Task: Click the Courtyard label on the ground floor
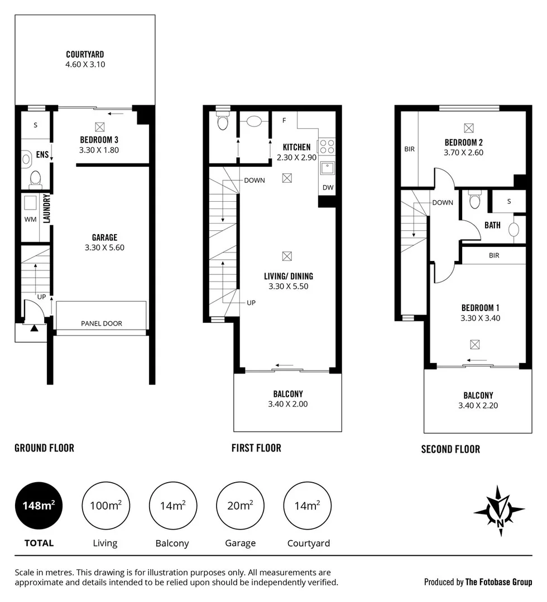point(85,55)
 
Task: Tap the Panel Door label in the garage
point(102,323)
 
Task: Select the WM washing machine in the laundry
point(30,219)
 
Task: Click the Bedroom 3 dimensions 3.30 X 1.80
point(99,149)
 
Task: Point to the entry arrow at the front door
point(34,329)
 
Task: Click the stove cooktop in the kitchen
point(326,147)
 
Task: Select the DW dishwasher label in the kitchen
point(328,188)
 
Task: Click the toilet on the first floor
point(223,123)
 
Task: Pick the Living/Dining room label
point(289,276)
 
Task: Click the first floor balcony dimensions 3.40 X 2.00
point(287,404)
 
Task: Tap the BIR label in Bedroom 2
point(409,149)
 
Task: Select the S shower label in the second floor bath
point(508,201)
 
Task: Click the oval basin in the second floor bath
point(514,229)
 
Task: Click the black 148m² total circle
point(39,506)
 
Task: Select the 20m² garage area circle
point(239,506)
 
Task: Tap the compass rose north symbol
point(500,510)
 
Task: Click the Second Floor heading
point(450,449)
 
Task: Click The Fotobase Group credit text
point(498,582)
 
